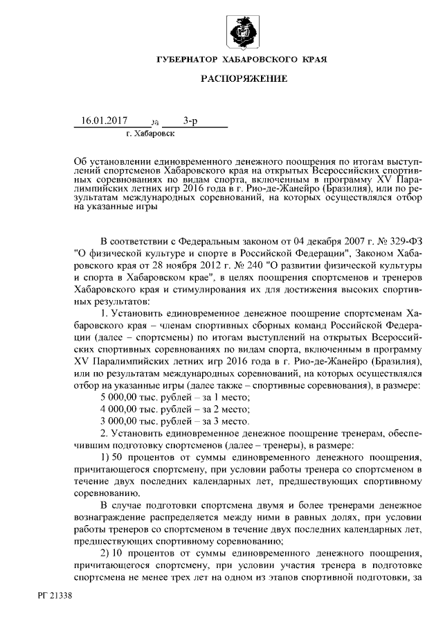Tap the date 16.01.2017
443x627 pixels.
point(105,121)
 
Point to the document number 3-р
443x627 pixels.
point(190,121)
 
